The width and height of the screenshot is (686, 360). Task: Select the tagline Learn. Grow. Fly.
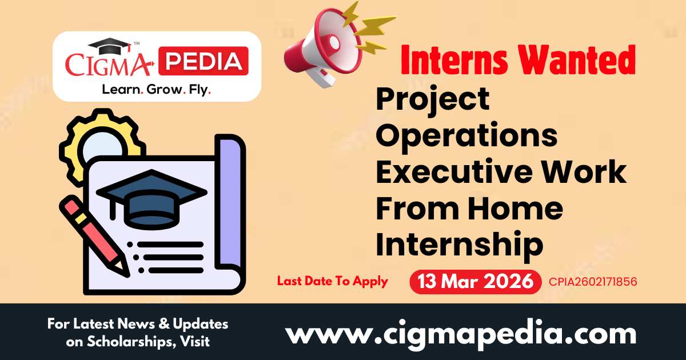click(x=156, y=90)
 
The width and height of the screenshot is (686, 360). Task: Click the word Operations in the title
click(x=466, y=137)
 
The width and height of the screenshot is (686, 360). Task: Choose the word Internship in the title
click(x=459, y=245)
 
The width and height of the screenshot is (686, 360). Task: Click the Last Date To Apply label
click(x=332, y=281)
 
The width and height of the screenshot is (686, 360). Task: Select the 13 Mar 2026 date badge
click(x=475, y=281)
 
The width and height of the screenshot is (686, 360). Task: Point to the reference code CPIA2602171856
click(x=593, y=282)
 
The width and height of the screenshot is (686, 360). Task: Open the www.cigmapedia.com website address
click(x=461, y=333)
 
